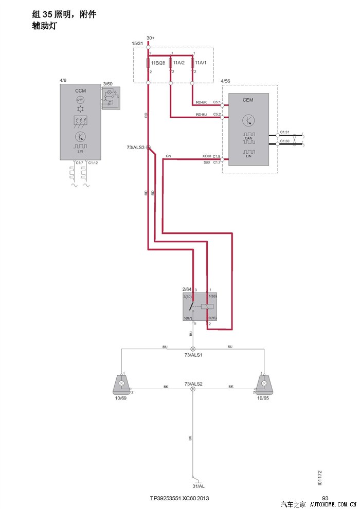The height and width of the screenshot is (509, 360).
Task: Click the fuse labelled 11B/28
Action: click(x=149, y=63)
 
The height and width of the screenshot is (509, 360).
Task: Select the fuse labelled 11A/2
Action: click(x=170, y=63)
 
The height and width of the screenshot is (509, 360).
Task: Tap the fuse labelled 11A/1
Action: click(x=192, y=63)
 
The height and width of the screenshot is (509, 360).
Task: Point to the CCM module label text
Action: click(x=80, y=90)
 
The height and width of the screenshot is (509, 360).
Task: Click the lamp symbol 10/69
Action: click(x=121, y=383)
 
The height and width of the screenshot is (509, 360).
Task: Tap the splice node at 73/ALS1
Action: click(x=193, y=349)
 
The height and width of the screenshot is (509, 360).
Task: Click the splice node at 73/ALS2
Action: click(x=193, y=389)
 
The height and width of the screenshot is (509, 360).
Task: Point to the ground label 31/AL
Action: click(x=198, y=486)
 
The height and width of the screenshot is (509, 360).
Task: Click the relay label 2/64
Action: click(x=187, y=289)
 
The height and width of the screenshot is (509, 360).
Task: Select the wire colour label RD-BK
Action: click(x=201, y=102)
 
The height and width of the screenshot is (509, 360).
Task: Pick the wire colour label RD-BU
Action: click(x=201, y=115)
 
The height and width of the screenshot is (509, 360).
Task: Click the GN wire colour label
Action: click(x=168, y=156)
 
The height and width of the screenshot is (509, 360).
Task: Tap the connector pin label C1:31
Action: click(x=285, y=132)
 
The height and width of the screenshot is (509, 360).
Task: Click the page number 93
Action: click(x=325, y=498)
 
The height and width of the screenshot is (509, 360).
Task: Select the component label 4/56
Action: click(x=225, y=82)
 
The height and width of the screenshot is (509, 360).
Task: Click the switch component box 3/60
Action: click(x=111, y=98)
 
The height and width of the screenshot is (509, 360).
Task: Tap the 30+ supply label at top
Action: click(x=150, y=38)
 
